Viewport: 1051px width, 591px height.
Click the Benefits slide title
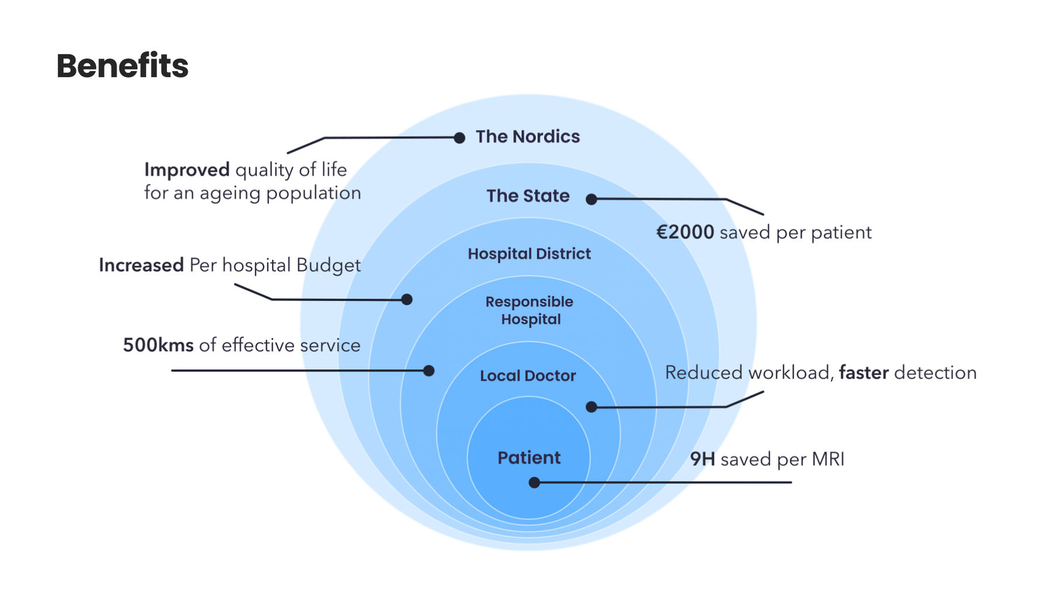pos(123,65)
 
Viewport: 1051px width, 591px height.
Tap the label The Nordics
pos(527,137)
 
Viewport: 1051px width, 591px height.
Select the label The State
pos(528,196)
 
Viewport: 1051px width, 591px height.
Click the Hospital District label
pos(529,254)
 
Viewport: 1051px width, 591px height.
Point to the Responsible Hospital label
pos(530,310)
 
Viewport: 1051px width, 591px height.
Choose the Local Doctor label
pos(528,376)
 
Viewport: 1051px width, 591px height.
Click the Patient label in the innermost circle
pos(528,458)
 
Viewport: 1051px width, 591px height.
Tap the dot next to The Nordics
pos(460,138)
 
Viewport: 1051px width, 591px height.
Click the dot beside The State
pos(591,199)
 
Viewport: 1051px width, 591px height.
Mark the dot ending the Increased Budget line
pos(407,299)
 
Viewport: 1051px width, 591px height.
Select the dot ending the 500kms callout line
pos(429,370)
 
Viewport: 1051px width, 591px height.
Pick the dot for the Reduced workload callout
pos(591,407)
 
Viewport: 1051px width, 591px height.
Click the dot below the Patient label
pos(534,482)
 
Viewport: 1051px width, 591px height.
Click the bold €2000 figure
pos(685,232)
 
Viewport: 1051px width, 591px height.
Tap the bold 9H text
pos(702,459)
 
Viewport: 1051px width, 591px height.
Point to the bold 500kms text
pos(158,345)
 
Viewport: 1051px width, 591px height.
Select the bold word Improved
pos(187,170)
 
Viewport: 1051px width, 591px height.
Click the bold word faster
pos(864,373)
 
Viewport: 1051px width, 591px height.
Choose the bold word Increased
pos(141,265)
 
